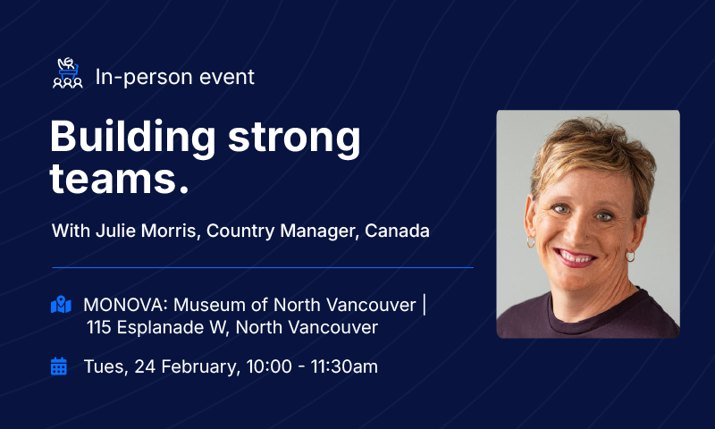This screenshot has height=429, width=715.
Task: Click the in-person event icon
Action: tap(68, 74)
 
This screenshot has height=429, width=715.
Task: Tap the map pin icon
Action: tap(60, 305)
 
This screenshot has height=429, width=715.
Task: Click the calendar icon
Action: tap(59, 366)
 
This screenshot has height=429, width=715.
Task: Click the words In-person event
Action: tap(174, 77)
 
